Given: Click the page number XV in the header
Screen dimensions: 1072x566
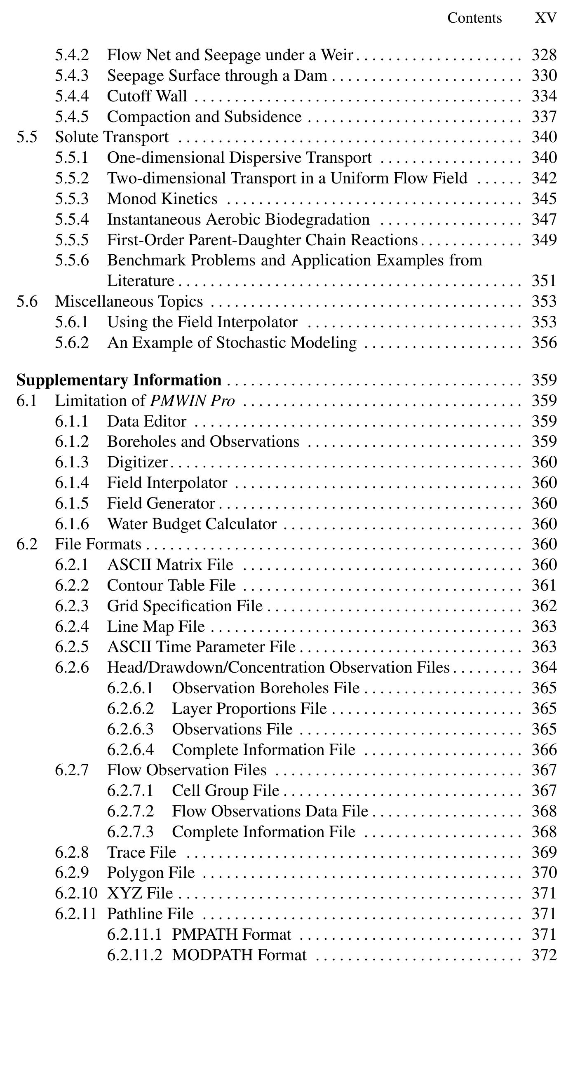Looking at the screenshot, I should pos(545,18).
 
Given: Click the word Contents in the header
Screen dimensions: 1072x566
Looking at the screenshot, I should pos(474,18).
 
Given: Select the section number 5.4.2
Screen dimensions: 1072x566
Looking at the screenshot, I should pos(72,55).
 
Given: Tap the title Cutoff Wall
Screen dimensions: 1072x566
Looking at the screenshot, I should pos(147,96).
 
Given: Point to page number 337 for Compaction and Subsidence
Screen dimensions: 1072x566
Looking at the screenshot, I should pos(544,117).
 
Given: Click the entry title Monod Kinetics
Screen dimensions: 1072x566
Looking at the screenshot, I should pos(162,199).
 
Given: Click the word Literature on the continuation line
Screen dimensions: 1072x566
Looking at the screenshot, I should pos(140,281).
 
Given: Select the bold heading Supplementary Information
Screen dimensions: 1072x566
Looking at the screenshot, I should pos(119,380).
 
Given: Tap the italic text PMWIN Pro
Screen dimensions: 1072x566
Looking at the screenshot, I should pos(192,401).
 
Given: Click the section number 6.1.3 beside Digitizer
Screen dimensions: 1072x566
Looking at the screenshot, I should pos(72,462).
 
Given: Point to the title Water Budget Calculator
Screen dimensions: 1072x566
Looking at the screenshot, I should pos(191,524).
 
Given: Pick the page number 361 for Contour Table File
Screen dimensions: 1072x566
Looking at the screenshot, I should pos(544,586).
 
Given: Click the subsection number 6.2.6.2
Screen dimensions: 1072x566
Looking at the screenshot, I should pos(130,709).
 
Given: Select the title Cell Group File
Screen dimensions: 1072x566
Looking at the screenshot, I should pos(225,791).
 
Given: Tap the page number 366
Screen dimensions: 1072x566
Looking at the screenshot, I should pos(544,750).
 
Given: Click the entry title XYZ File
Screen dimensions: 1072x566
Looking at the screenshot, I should pos(139,894).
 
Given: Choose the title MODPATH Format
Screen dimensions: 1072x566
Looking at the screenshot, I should pos(239,955).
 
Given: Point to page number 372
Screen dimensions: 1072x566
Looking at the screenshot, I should pos(544,955).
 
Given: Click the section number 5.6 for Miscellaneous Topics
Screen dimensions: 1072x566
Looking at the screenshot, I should pos(27,301).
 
